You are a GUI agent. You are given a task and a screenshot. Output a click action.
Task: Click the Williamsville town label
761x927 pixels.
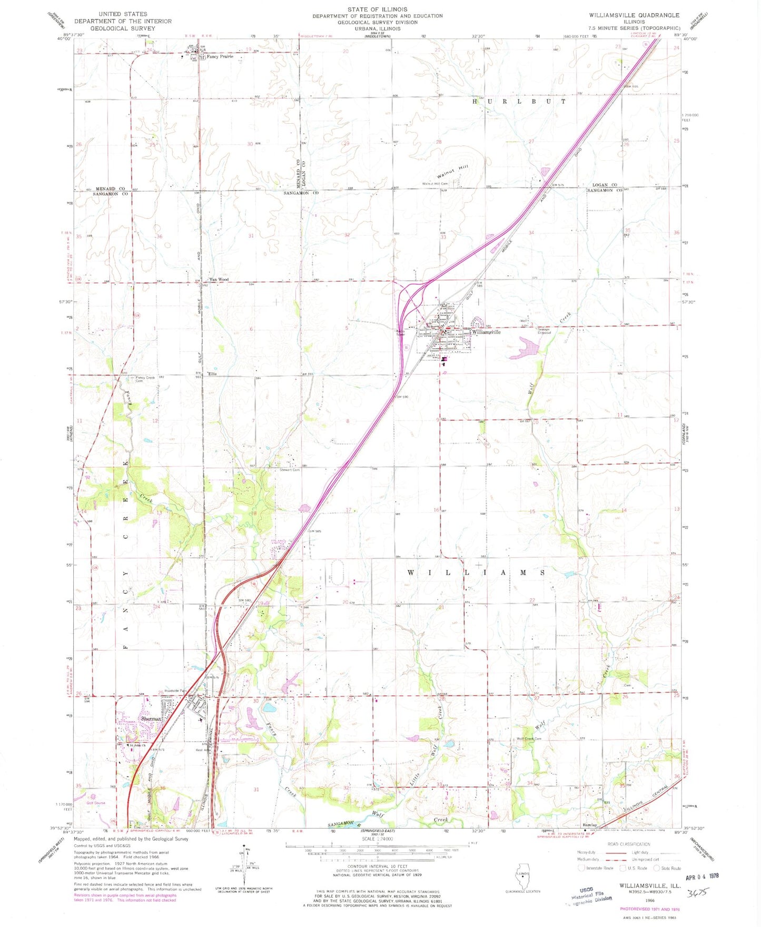point(486,332)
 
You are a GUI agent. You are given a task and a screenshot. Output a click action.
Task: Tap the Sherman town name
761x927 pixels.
point(150,718)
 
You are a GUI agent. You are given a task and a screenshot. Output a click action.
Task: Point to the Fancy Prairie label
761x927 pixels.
point(220,57)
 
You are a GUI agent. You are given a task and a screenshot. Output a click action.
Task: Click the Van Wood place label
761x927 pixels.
point(219,280)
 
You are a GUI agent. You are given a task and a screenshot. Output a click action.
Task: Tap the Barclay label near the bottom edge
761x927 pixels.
point(589,825)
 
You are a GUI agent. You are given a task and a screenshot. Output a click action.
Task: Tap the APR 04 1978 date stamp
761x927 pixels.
point(701,876)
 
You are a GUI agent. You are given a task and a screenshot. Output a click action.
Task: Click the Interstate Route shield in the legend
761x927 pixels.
point(581,868)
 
